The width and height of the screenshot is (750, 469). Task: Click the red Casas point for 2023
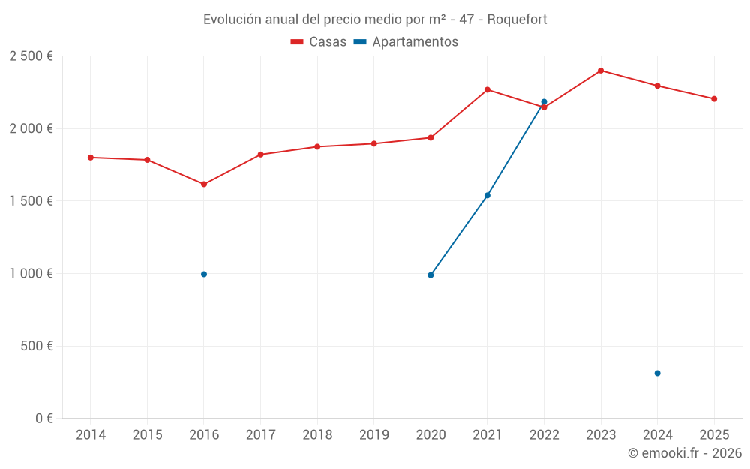point(601,71)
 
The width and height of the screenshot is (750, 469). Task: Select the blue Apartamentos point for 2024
point(657,373)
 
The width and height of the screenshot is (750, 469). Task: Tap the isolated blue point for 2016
point(204,275)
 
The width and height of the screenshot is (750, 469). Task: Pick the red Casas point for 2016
point(204,184)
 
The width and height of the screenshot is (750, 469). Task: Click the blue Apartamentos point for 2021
point(487,195)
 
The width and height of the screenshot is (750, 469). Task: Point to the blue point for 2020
point(430,275)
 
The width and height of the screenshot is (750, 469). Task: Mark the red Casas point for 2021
point(487,89)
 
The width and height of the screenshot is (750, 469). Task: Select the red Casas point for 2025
point(714,99)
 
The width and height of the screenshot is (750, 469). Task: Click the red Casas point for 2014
point(91,158)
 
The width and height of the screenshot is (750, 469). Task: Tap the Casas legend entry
point(319,42)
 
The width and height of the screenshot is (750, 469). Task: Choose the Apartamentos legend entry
point(406,42)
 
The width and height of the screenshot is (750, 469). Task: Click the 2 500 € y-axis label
point(31,56)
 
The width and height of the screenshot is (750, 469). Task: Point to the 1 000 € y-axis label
point(31,274)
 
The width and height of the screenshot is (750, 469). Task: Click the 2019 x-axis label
point(373,435)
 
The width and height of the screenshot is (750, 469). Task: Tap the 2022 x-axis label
point(544,435)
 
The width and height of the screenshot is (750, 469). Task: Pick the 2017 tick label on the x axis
point(260,435)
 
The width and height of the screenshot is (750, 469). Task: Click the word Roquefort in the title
point(517,19)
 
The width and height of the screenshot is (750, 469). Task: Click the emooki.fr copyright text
point(685,453)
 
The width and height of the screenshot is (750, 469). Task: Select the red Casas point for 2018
point(317,146)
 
